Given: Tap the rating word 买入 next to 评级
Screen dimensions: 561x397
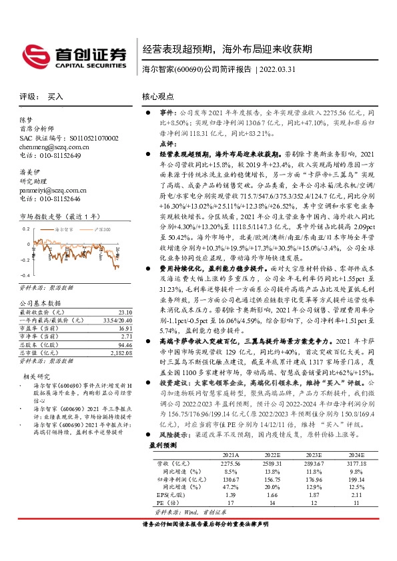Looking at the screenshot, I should pyautogui.click(x=55, y=97).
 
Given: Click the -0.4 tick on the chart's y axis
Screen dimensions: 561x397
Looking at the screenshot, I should pyautogui.click(x=24, y=275).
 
